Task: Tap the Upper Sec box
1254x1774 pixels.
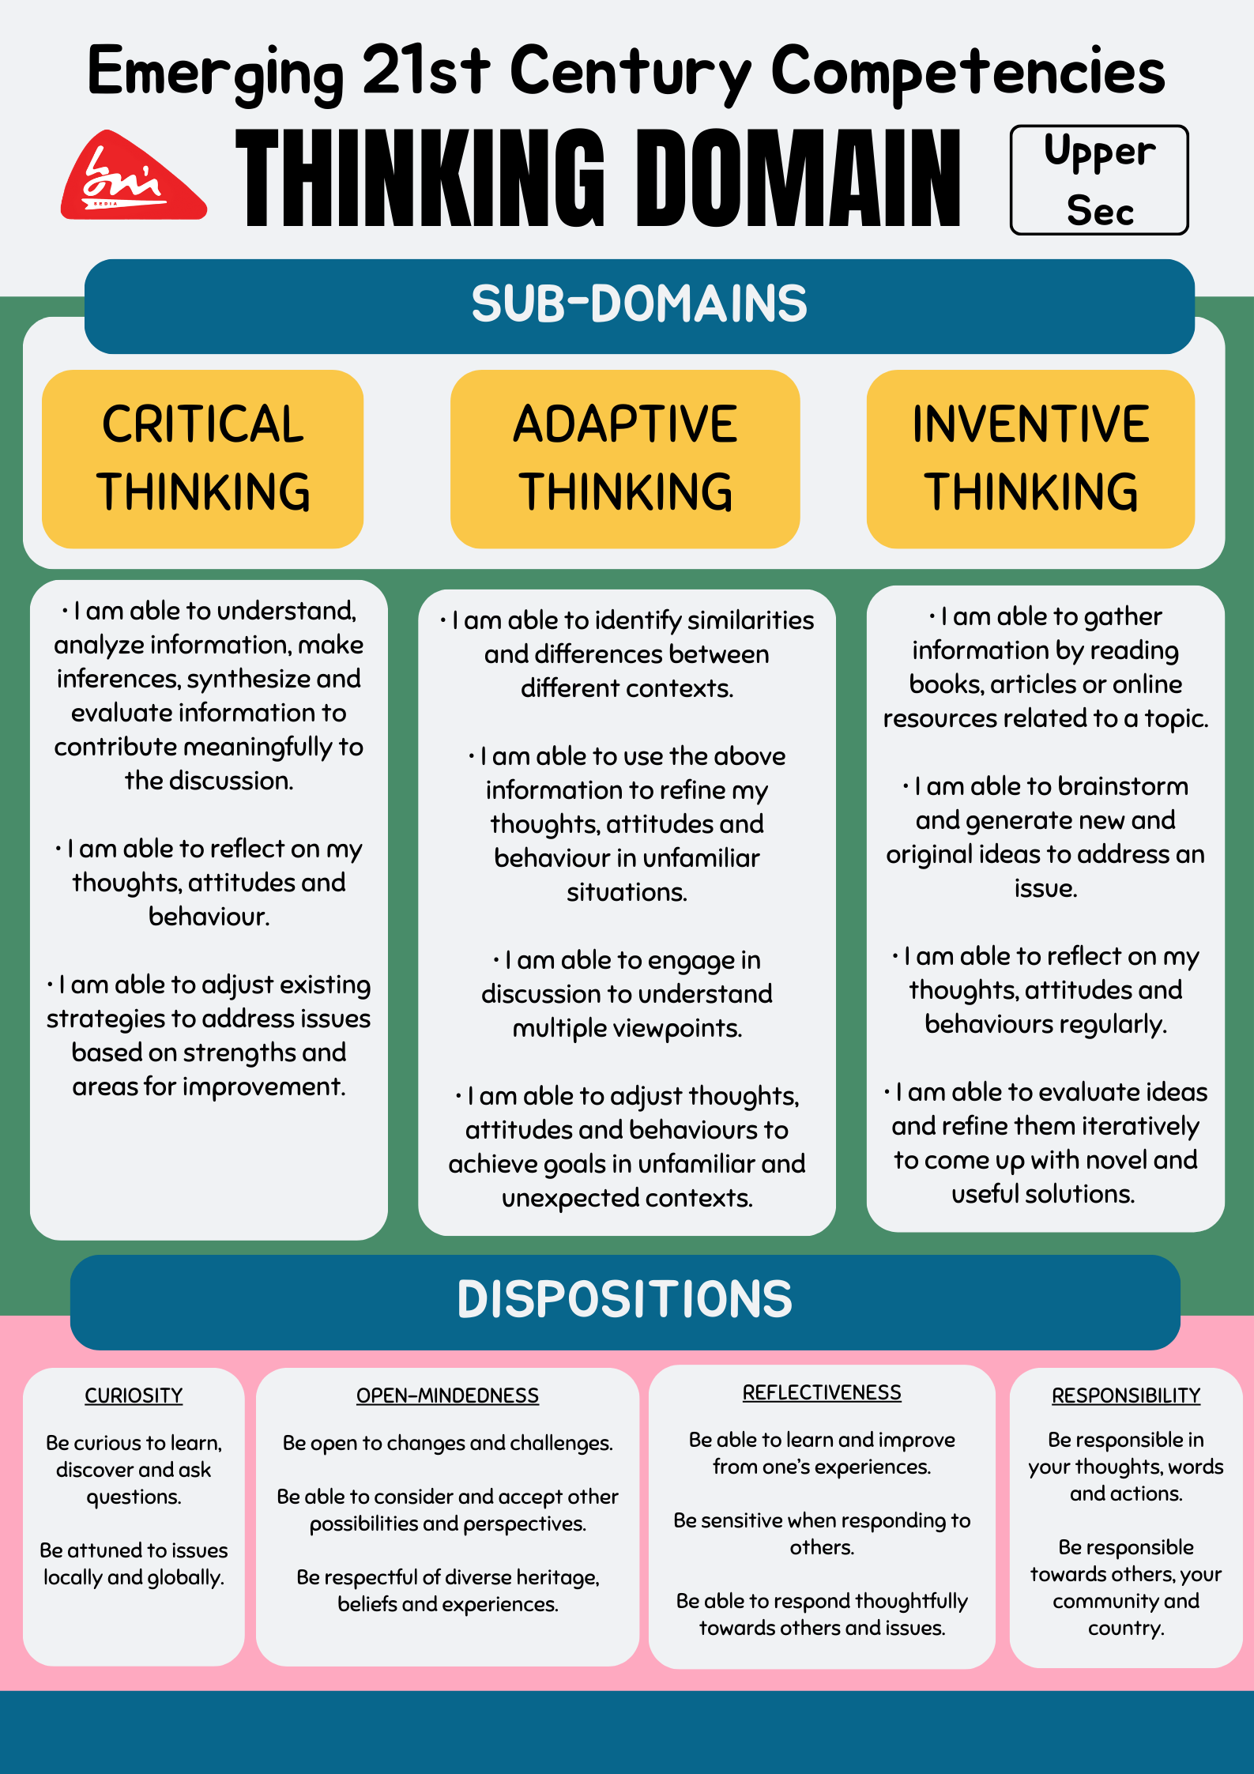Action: [x=1099, y=180]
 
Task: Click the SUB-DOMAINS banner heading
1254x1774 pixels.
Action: [x=639, y=304]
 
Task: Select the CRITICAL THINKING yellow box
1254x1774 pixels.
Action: [x=203, y=458]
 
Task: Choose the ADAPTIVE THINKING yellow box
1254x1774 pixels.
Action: [x=625, y=458]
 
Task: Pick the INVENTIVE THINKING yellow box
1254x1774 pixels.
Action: [x=1030, y=458]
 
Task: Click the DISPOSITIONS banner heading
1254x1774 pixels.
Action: [x=625, y=1300]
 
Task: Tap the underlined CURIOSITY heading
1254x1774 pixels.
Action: [x=134, y=1395]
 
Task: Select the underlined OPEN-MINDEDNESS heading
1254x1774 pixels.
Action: [x=447, y=1395]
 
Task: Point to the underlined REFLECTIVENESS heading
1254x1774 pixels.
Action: [x=822, y=1392]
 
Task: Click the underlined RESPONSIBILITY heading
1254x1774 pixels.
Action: [x=1126, y=1395]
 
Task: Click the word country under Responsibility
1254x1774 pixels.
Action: [x=1126, y=1628]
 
